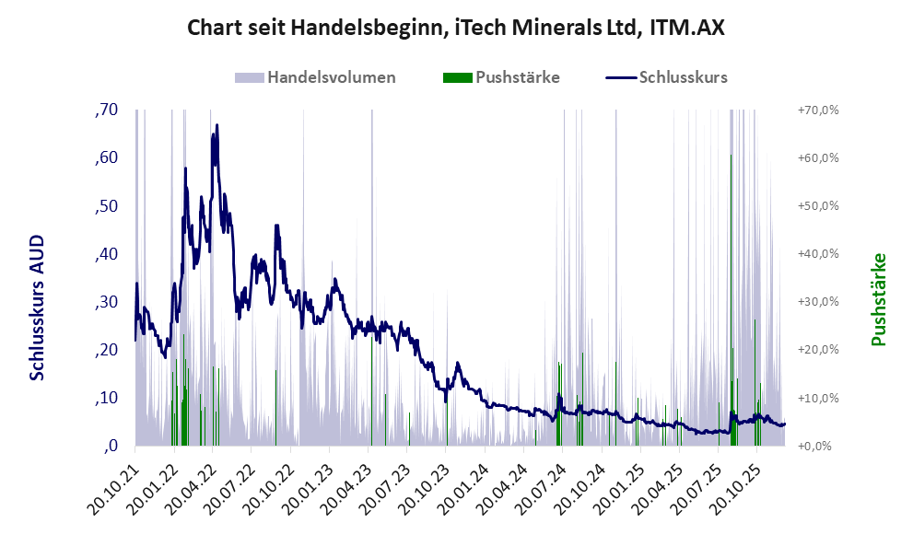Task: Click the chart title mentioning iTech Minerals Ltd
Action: coord(456,29)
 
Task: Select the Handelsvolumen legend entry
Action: coord(332,77)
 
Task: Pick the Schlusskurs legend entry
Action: coord(683,77)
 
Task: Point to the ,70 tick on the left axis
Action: coord(107,110)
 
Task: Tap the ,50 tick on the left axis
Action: coord(107,206)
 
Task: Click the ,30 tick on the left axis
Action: coord(107,302)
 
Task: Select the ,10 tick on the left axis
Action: coord(107,398)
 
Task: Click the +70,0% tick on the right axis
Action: coord(818,110)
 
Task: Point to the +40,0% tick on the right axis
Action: coord(818,254)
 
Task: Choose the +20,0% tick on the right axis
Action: coord(818,350)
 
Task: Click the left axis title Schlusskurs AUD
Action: coord(38,307)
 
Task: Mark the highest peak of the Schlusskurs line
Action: coord(217,125)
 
